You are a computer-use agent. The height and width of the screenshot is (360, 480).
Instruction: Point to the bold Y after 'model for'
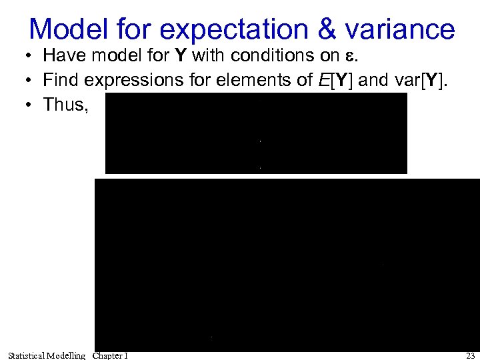coord(181,57)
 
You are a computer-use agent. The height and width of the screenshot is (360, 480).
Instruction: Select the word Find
coord(59,81)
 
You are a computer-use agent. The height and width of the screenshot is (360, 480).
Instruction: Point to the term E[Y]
coord(334,81)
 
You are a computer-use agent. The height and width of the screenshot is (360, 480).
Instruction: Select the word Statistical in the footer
coord(26,355)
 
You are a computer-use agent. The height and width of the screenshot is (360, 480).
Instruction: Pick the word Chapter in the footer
coord(107,355)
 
